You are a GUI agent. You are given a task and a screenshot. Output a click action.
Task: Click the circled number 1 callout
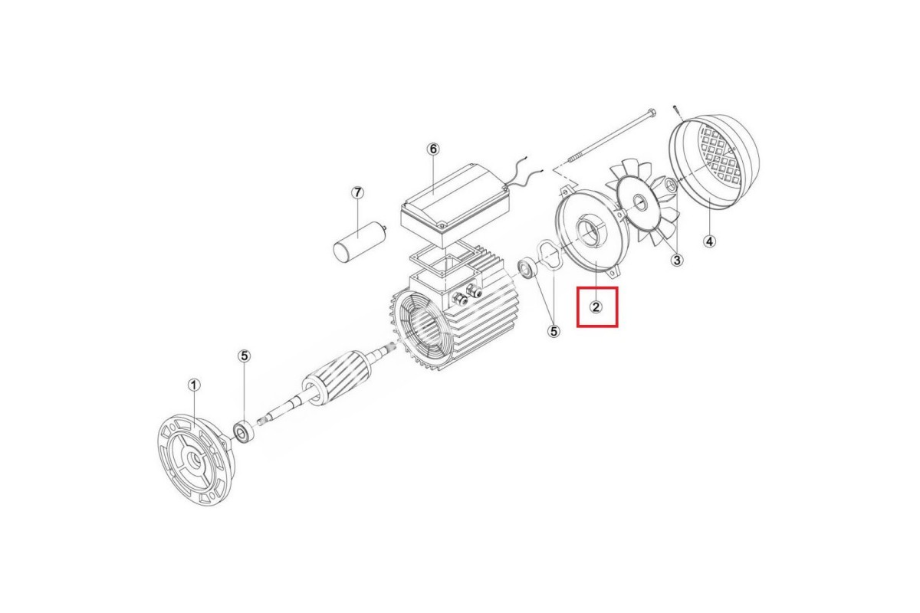point(194,385)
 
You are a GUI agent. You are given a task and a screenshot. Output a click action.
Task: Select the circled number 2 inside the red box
point(596,306)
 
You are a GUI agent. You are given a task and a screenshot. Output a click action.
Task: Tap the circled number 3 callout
point(677,260)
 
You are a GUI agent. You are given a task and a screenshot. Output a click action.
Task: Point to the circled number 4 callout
point(710,241)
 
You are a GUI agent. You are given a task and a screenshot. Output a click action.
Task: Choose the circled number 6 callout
point(433,149)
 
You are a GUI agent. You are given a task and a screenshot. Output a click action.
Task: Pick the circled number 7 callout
point(357,192)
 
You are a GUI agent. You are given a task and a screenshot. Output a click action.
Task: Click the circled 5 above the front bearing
point(245,356)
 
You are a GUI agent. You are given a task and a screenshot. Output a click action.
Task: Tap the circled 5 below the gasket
point(554,331)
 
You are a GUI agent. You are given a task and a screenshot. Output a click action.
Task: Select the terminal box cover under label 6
point(455,205)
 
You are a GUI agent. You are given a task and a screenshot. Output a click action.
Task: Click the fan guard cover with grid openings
point(715,162)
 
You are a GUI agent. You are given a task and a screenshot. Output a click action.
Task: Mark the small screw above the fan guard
point(677,111)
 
